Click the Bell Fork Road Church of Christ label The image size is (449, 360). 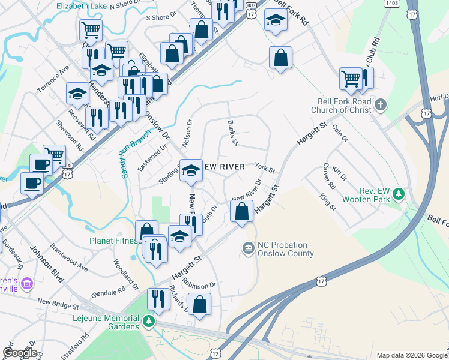343,106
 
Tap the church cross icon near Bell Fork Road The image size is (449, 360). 379,106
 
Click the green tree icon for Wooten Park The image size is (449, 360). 398,194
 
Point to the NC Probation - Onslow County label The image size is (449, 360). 285,249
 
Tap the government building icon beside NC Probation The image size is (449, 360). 247,248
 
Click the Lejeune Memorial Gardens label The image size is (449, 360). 107,322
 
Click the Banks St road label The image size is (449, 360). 233,133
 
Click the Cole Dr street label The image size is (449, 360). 340,134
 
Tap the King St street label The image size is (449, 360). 328,202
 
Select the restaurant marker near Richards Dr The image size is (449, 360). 158,299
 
